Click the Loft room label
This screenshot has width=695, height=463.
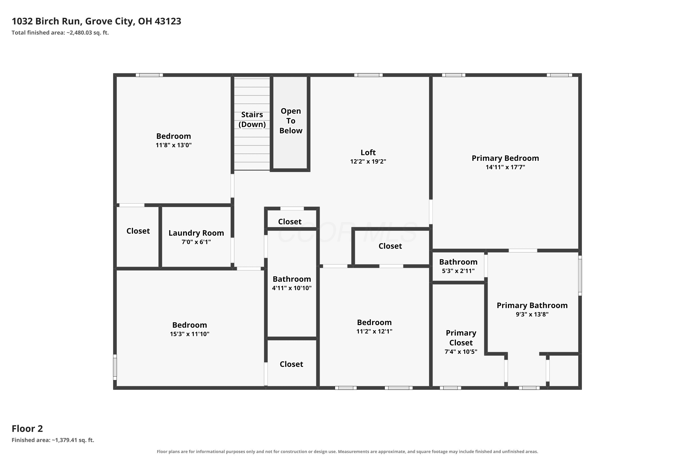pyautogui.click(x=368, y=152)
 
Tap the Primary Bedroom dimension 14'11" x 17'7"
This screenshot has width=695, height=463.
pyautogui.click(x=505, y=167)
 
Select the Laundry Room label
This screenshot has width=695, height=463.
pyautogui.click(x=196, y=233)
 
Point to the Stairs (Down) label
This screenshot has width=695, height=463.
pyautogui.click(x=252, y=119)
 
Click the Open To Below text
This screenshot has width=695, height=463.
pyautogui.click(x=291, y=121)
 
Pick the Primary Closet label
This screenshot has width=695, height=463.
pyautogui.click(x=461, y=338)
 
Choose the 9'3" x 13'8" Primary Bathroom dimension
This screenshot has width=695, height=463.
pyautogui.click(x=532, y=314)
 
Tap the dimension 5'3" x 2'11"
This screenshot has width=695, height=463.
pyautogui.click(x=458, y=271)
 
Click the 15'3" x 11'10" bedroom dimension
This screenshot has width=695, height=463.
pyautogui.click(x=190, y=334)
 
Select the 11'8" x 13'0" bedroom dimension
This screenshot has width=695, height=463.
pyautogui.click(x=174, y=145)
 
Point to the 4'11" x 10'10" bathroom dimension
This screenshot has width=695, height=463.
pyautogui.click(x=292, y=288)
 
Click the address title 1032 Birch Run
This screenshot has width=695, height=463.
pyautogui.click(x=46, y=21)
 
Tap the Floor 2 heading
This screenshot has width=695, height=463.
pyautogui.click(x=27, y=429)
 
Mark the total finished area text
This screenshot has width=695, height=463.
pyautogui.click(x=60, y=33)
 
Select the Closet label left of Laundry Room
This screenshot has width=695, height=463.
pyautogui.click(x=138, y=231)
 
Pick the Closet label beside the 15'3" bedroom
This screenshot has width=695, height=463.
pyautogui.click(x=291, y=364)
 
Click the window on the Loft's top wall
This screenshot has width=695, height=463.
pyautogui.click(x=369, y=75)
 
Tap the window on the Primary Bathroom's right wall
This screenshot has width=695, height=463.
pyautogui.click(x=580, y=275)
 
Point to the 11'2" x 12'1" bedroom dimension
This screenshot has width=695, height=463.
pyautogui.click(x=374, y=331)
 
